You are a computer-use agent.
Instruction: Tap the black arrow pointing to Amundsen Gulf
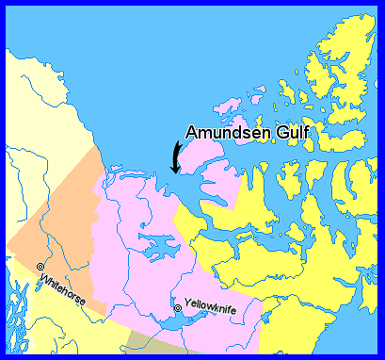174,155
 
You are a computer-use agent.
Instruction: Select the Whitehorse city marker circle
40,267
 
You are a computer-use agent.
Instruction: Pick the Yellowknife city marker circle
178,308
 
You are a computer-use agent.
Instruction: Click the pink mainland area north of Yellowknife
141,217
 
